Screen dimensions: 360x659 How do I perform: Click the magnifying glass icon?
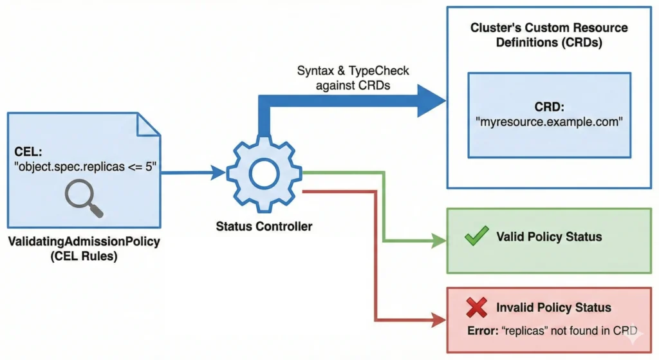tap(83, 198)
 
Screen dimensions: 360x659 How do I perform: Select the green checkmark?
tap(476, 236)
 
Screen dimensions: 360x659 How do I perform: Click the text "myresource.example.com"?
tap(549, 122)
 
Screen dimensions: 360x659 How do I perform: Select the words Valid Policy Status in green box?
tap(549, 236)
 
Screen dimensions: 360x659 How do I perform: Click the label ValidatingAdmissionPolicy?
tap(84, 242)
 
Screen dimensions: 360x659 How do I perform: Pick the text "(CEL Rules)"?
tap(84, 256)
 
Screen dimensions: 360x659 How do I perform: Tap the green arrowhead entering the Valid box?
tap(440, 242)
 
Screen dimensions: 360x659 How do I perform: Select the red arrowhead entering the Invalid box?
tap(440, 319)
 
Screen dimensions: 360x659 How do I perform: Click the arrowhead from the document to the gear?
tap(218, 173)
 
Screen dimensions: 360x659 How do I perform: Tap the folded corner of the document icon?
tap(150, 124)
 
